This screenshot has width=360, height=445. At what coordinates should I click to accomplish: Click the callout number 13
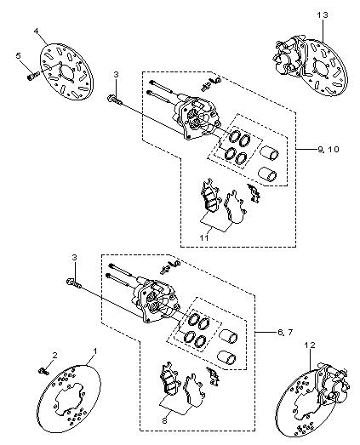[x=323, y=14]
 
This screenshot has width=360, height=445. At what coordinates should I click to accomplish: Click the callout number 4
[x=36, y=31]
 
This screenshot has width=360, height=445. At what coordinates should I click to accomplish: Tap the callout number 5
[x=19, y=55]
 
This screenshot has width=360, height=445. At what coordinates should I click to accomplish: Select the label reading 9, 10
[x=329, y=149]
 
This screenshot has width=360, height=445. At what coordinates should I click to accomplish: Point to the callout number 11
[x=204, y=237]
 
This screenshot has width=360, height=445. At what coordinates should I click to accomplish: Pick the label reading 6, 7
[x=284, y=332]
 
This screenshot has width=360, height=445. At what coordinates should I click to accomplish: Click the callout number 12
[x=310, y=345]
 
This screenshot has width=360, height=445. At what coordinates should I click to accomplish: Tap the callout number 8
[x=164, y=420]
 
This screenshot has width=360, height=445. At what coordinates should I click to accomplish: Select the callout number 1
[x=95, y=351]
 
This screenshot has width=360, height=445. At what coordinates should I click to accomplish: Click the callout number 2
[x=54, y=356]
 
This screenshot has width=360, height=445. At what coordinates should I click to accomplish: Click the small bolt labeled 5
[x=33, y=76]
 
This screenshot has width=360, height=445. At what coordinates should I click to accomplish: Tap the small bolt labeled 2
[x=43, y=371]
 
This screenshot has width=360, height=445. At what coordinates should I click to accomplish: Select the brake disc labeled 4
[x=67, y=71]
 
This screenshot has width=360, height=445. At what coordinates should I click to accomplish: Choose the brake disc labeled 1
[x=69, y=399]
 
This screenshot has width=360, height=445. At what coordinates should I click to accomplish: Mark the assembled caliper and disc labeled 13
[x=310, y=66]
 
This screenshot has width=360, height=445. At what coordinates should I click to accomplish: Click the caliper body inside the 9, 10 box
[x=197, y=117]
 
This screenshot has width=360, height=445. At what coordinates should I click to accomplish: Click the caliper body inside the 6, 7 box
[x=156, y=301]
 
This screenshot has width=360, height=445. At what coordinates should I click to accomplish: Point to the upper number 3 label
[x=116, y=75]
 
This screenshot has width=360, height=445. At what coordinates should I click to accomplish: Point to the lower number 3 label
[x=74, y=258]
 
